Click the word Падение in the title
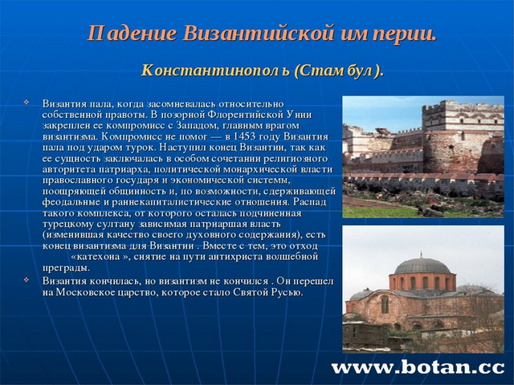131,34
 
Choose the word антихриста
247,257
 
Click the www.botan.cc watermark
418,367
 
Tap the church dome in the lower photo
423,265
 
